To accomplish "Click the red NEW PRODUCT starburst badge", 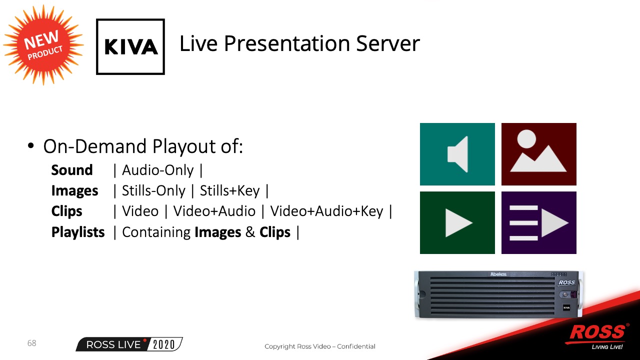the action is (x=43, y=45).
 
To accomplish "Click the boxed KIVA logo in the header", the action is (x=130, y=46).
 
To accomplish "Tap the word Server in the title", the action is (x=388, y=43).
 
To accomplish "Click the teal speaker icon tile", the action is (x=457, y=154).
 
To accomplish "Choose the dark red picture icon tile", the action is (x=539, y=154).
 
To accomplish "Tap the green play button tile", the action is (x=457, y=222).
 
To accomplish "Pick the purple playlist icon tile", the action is (x=539, y=222).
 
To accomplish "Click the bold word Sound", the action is (x=72, y=170).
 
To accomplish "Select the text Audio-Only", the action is (x=158, y=170).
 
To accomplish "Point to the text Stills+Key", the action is (x=229, y=191).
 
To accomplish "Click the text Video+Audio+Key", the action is (x=326, y=211).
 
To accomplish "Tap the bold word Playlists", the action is (x=78, y=232).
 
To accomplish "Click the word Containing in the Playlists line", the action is (x=156, y=232).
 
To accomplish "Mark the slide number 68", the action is (x=31, y=343).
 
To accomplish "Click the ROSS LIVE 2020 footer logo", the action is (x=129, y=344).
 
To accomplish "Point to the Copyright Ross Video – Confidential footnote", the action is (x=320, y=346).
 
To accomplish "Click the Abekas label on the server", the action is (x=498, y=274).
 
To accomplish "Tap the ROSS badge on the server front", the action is (x=566, y=282).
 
